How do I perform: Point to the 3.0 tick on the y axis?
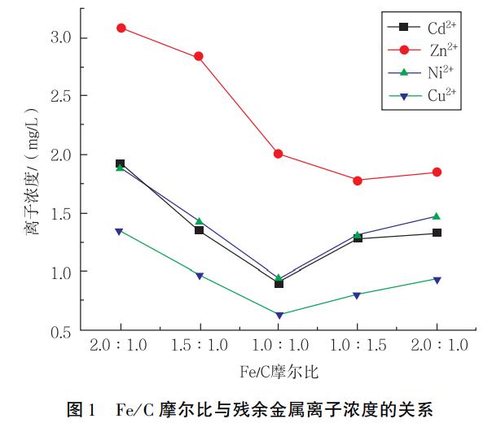60,37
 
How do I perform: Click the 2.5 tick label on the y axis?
60,96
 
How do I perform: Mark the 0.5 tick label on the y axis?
60,330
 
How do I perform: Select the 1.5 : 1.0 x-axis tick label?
199,345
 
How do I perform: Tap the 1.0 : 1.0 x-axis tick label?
279,345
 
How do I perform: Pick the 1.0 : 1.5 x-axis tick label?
358,345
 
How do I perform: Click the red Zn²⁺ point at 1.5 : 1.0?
199,56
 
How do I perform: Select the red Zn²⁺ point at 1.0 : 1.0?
279,154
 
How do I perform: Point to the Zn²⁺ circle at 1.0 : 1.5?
358,180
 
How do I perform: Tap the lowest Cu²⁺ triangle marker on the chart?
279,315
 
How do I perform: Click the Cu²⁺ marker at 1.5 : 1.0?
199,276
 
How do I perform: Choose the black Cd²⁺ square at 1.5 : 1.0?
199,230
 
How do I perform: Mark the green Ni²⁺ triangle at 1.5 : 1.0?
199,221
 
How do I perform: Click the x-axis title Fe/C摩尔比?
279,372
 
